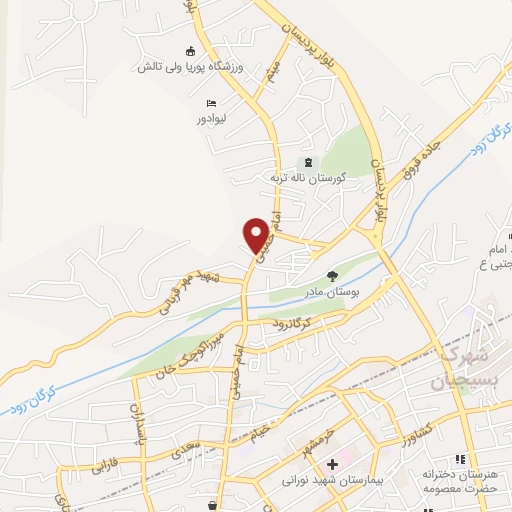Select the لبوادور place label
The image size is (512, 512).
[215, 118]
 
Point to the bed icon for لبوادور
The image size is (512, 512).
[210, 103]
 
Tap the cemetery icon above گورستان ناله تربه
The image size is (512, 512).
[307, 162]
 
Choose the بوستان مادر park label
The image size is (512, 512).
[335, 293]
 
